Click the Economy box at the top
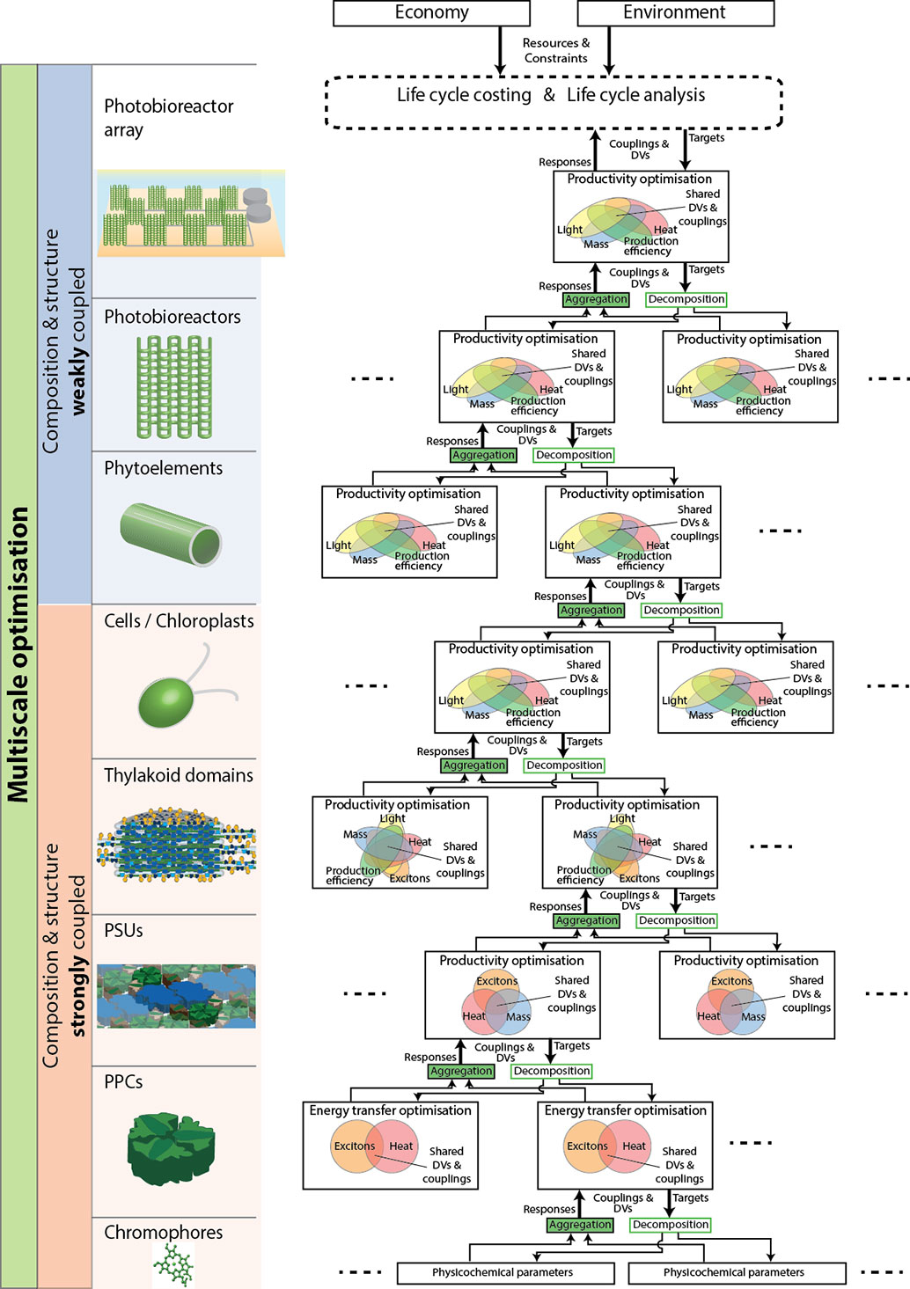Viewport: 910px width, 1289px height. [431, 12]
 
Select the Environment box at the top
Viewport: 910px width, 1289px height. [676, 12]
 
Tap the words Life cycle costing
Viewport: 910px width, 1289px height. [464, 95]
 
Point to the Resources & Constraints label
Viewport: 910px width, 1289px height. [556, 51]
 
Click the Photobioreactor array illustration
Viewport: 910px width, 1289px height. [190, 213]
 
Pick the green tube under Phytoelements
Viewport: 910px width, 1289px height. [171, 535]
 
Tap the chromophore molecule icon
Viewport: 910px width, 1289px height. [173, 1263]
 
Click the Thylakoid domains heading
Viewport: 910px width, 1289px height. [179, 776]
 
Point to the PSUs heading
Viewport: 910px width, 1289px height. [123, 931]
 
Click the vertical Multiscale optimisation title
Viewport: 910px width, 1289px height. [18, 655]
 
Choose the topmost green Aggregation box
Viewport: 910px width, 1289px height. [596, 299]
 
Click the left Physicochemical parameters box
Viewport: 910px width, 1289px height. [506, 1272]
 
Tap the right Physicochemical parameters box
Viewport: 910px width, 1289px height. [737, 1272]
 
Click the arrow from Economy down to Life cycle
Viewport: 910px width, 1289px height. [500, 50]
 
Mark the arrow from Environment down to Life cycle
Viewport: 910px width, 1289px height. [608, 50]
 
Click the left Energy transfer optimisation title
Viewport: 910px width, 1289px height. [390, 1110]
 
